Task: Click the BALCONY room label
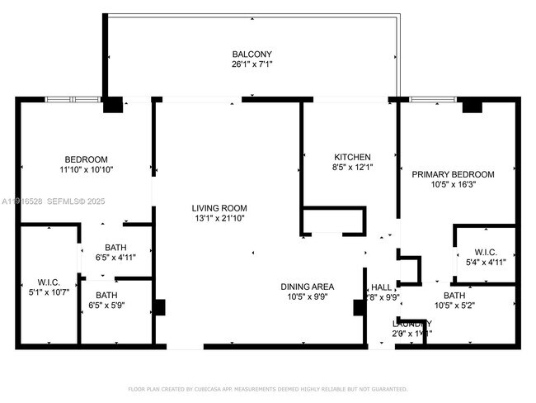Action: [251, 55]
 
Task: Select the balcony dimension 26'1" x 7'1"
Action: [251, 66]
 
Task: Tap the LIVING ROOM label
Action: [219, 208]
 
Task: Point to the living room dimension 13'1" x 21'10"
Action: [219, 219]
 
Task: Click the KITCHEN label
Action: [352, 157]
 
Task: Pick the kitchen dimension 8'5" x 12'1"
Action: [352, 168]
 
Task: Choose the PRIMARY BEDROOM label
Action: [453, 174]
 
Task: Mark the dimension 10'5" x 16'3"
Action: [453, 185]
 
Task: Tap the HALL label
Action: [381, 287]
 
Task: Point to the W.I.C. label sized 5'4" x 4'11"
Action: [485, 253]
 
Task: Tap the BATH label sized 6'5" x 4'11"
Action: [115, 247]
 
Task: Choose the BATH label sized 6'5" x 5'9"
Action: [106, 295]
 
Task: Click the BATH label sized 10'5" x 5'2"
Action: [454, 295]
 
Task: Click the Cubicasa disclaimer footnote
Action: [267, 388]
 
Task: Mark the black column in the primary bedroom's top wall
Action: [472, 106]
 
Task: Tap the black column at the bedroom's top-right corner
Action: [112, 106]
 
